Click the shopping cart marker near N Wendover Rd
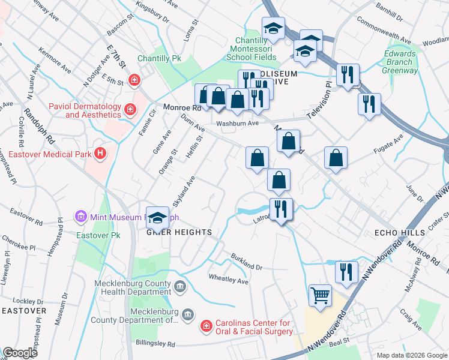click(x=321, y=295)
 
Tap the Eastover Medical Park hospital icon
click(x=100, y=154)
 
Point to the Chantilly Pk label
click(x=159, y=59)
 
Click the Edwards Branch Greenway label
click(x=401, y=62)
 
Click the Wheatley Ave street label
click(x=228, y=279)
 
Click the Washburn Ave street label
click(x=237, y=123)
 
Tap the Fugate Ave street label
click(x=390, y=144)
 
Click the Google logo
click(x=20, y=353)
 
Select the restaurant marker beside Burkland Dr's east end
click(x=346, y=272)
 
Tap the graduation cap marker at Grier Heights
click(x=157, y=218)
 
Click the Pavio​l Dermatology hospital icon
click(x=130, y=109)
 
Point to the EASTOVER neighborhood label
click(x=23, y=310)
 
